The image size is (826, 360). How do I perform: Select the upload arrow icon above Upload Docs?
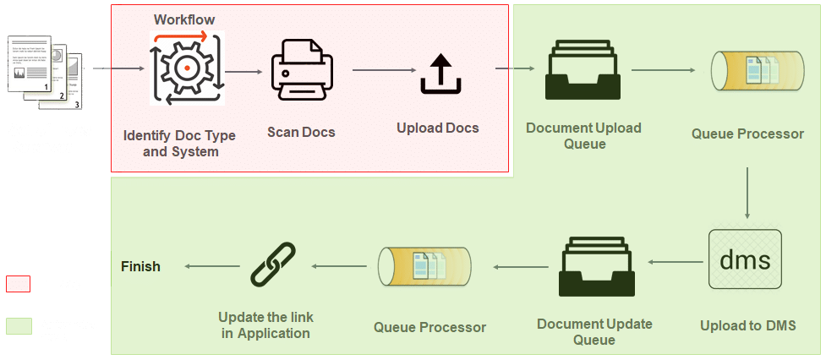click(440, 74)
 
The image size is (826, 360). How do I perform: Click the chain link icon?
click(273, 265)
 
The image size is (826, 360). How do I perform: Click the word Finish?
click(140, 266)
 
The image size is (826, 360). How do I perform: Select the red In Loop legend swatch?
click(19, 284)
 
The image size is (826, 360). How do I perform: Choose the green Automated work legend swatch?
click(19, 326)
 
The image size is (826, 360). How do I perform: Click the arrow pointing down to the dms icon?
click(747, 194)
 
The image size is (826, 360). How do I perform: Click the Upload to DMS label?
click(747, 326)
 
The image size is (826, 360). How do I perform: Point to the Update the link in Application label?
click(265, 325)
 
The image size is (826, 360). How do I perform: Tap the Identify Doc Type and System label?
click(179, 144)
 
